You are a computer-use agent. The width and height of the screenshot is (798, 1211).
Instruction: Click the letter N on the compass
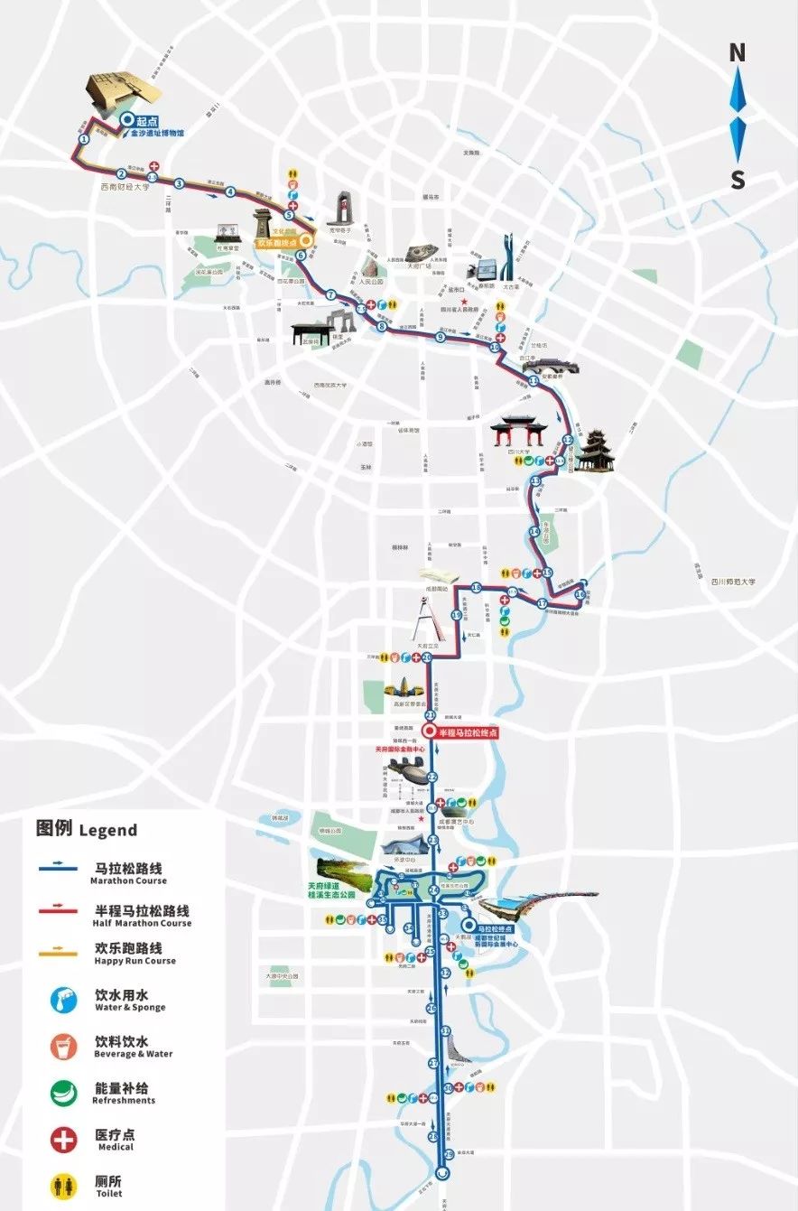tap(738, 53)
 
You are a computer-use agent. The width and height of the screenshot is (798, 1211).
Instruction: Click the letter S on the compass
tap(738, 181)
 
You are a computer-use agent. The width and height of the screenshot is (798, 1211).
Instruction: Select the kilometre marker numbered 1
tap(84, 139)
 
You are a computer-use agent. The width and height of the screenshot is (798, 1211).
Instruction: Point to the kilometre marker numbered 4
tap(230, 191)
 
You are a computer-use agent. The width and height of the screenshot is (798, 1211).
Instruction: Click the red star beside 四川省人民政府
tap(464, 302)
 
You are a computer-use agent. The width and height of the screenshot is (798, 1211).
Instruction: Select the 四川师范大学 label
tap(732, 582)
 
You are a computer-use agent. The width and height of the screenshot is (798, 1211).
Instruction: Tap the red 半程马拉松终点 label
tap(468, 732)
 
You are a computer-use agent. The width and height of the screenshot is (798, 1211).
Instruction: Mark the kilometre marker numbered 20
tap(427, 657)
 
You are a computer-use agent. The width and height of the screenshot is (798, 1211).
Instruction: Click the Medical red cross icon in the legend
tap(63, 1139)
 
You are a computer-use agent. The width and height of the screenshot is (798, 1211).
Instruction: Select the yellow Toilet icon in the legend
tap(63, 1186)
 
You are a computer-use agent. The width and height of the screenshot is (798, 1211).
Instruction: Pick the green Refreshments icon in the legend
tap(63, 1092)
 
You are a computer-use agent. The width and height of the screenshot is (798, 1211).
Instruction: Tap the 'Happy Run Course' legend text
tap(135, 961)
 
